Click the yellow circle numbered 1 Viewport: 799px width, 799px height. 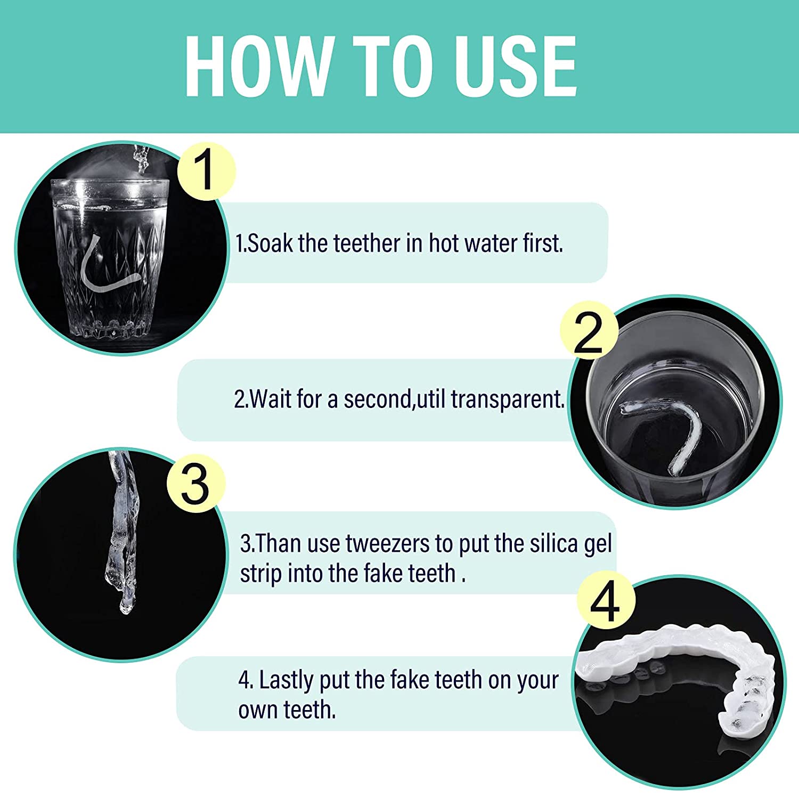[x=206, y=171]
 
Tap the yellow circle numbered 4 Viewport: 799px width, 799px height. [x=606, y=602]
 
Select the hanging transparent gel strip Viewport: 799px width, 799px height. [x=123, y=533]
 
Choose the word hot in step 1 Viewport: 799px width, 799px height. [x=444, y=243]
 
